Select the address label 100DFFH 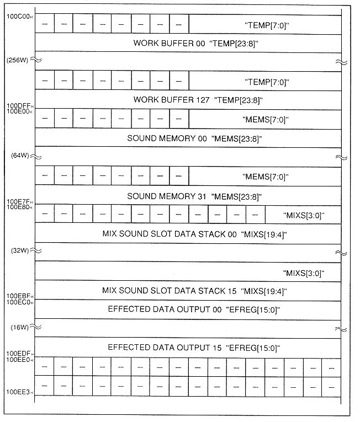click(19, 105)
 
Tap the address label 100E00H click(19, 111)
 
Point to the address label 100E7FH click(19, 201)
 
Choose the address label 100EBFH click(19, 296)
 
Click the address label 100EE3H click(19, 391)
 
